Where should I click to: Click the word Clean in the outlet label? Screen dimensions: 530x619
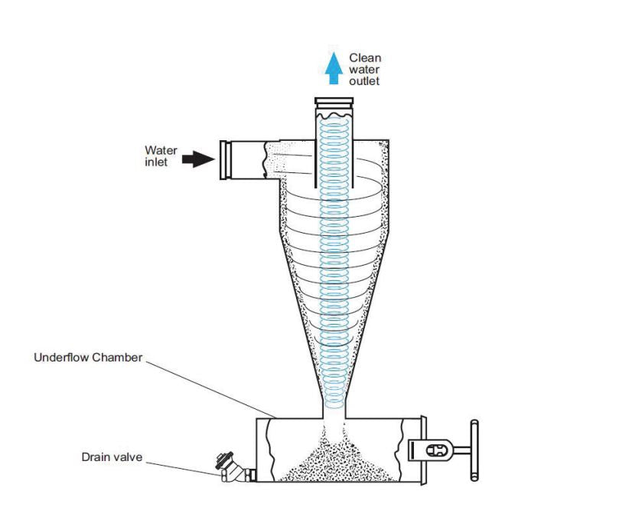point(365,57)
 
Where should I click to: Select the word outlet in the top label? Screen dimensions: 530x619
point(365,81)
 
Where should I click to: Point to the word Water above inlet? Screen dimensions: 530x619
point(161,151)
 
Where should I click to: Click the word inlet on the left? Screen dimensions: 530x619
point(155,163)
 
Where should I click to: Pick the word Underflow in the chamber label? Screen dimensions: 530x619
point(63,358)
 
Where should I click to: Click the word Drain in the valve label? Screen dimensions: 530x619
point(96,457)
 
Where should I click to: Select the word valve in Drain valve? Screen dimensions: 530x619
point(128,457)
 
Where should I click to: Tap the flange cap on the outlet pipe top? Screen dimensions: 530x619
point(334,102)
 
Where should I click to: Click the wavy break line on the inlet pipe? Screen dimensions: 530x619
point(266,159)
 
